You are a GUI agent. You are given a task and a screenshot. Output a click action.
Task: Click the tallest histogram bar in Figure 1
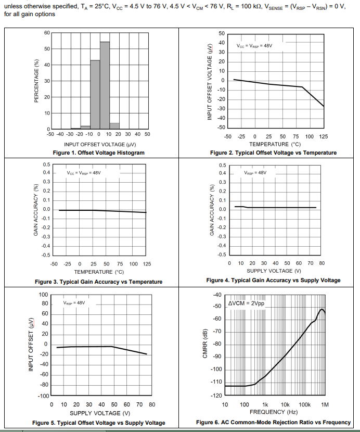[x=105, y=85]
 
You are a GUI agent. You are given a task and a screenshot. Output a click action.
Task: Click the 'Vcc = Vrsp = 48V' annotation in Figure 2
[x=254, y=46]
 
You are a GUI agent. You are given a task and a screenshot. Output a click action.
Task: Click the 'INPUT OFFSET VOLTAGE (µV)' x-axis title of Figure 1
[x=99, y=144]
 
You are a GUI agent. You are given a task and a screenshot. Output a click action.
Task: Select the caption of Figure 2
[x=273, y=153]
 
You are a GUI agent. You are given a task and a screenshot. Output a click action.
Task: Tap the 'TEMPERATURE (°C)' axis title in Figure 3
[x=99, y=272]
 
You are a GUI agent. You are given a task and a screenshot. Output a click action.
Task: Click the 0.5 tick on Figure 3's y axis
[x=46, y=165]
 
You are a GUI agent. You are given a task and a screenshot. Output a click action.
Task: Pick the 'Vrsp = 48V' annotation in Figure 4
[x=255, y=172]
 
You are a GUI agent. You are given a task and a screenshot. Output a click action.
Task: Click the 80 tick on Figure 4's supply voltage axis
[x=322, y=263]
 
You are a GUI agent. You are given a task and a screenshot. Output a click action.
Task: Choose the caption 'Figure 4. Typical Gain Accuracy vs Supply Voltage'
[x=273, y=280]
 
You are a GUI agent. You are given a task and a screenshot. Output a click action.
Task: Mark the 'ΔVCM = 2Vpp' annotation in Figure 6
[x=246, y=303]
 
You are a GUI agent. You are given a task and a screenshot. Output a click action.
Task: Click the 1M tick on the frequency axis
[x=325, y=404]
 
